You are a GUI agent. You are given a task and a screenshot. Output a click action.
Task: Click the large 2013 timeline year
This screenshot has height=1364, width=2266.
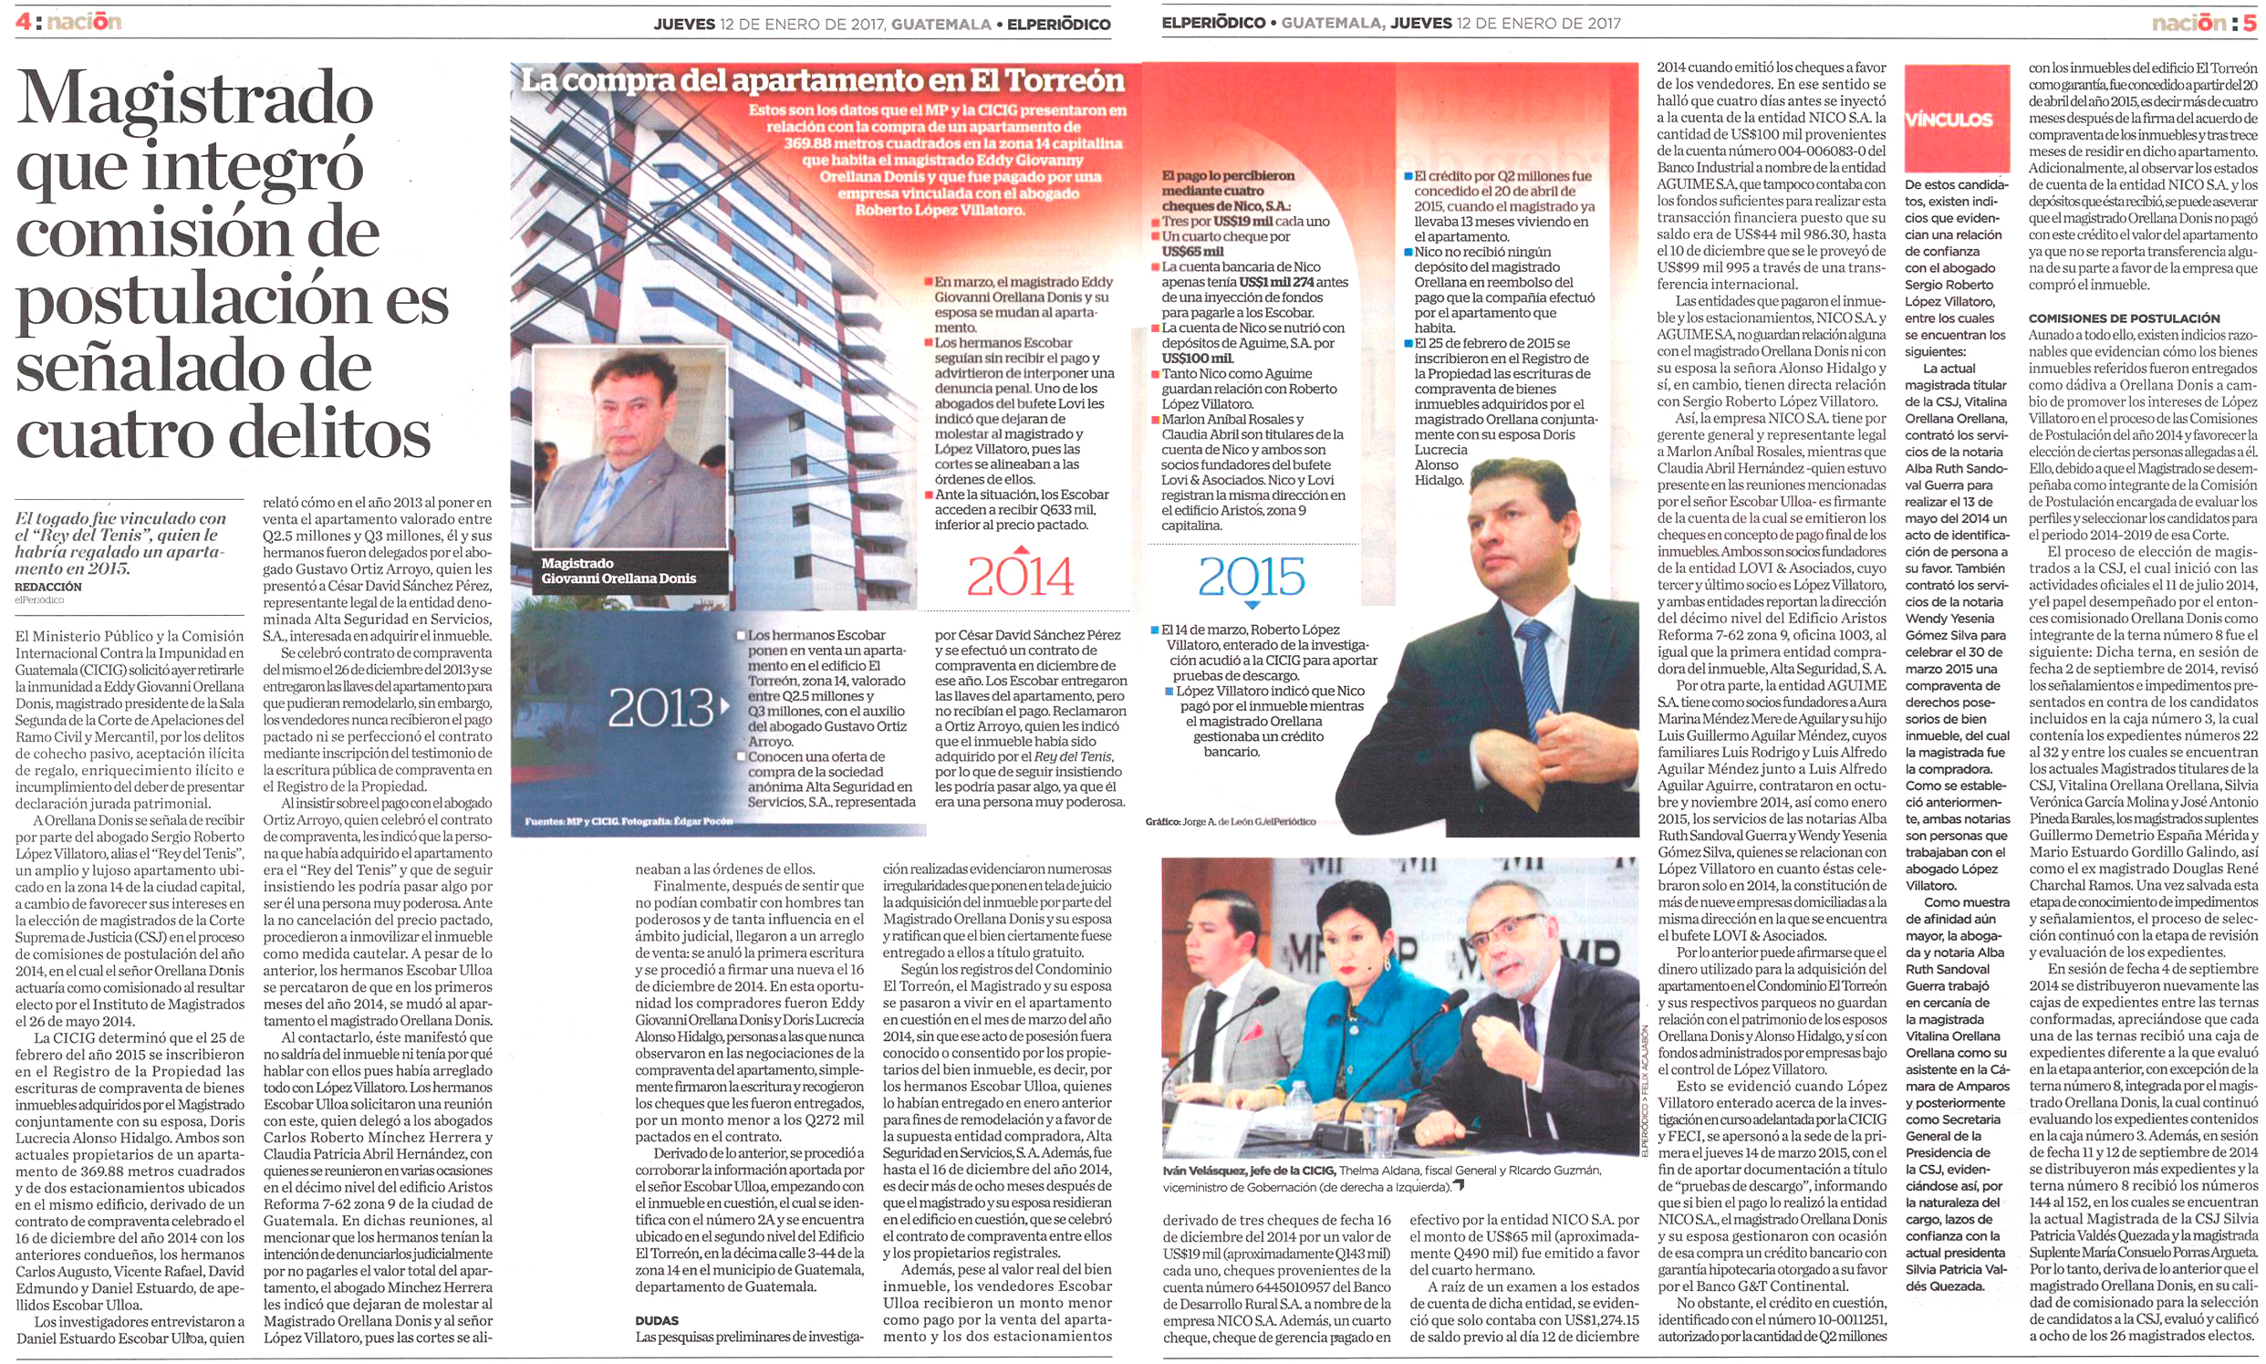tap(660, 708)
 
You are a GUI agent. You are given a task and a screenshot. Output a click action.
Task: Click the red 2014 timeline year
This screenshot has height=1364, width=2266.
tap(1019, 577)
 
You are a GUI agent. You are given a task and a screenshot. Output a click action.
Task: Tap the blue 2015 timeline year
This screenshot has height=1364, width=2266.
tap(1251, 578)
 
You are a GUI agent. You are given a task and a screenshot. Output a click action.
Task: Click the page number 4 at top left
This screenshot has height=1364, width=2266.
tap(22, 21)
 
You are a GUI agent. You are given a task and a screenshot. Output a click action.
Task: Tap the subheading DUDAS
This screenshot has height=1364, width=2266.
tap(656, 1321)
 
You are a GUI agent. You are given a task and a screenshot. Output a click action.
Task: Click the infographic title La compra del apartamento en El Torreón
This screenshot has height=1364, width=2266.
tap(823, 81)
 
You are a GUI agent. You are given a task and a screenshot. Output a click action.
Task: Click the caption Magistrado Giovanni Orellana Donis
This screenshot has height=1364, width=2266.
tap(618, 571)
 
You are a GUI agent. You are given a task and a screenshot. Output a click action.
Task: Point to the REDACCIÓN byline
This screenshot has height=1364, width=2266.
tap(47, 587)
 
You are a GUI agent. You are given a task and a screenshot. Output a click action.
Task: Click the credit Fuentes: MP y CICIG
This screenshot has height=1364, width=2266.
tap(629, 820)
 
